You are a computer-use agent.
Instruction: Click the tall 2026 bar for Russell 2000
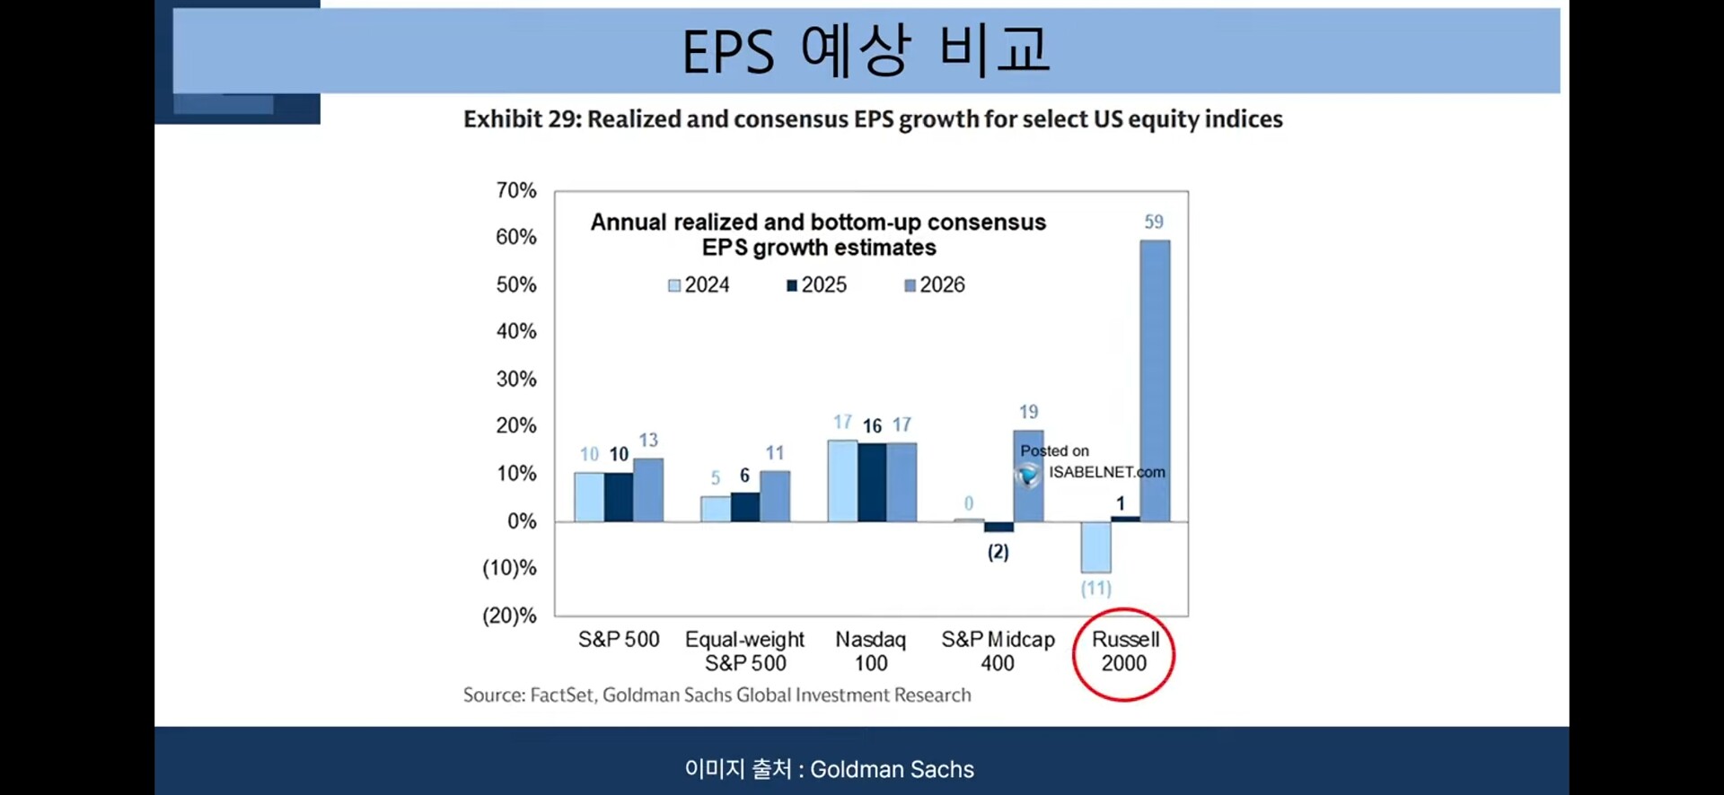pyautogui.click(x=1155, y=380)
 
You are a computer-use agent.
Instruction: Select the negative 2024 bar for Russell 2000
pyautogui.click(x=1095, y=546)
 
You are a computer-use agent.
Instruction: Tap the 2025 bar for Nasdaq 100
pyautogui.click(x=872, y=482)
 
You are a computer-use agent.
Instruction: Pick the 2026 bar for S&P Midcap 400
pyautogui.click(x=1028, y=476)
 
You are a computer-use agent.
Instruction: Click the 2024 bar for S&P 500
pyautogui.click(x=589, y=497)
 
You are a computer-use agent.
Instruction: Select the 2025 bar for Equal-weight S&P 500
pyautogui.click(x=744, y=507)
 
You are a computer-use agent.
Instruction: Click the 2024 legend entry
pyautogui.click(x=699, y=285)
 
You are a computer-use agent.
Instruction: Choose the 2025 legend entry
pyautogui.click(x=816, y=285)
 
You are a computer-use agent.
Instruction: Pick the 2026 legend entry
pyautogui.click(x=934, y=285)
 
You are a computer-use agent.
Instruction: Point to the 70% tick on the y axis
pyautogui.click(x=515, y=190)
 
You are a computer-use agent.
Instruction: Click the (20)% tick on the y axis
pyautogui.click(x=509, y=616)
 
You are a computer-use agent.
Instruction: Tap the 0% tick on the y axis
pyautogui.click(x=522, y=521)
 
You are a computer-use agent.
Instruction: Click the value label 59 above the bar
pyautogui.click(x=1154, y=222)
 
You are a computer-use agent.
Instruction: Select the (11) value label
pyautogui.click(x=1095, y=589)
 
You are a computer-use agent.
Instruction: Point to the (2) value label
pyautogui.click(x=998, y=552)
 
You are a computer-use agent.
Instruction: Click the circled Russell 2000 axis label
pyautogui.click(x=1124, y=651)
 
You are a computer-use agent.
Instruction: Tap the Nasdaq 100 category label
pyautogui.click(x=870, y=651)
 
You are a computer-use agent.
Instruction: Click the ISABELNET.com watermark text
pyautogui.click(x=1106, y=472)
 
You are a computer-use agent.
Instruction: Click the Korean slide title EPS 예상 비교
pyautogui.click(x=866, y=50)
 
